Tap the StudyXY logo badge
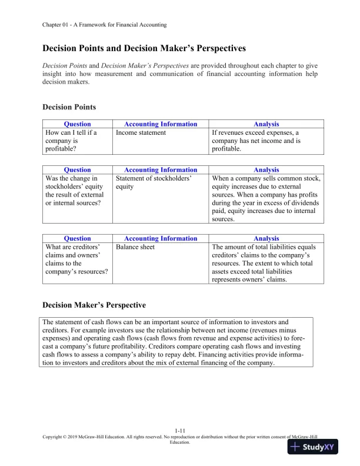click(316, 447)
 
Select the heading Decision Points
click(69, 107)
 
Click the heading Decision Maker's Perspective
click(94, 305)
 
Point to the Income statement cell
click(141, 133)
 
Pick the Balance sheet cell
click(136, 247)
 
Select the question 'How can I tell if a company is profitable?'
click(71, 141)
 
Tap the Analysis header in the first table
click(266, 124)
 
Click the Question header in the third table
click(77, 238)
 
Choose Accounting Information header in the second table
click(161, 170)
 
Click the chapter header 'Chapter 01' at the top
click(105, 25)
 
